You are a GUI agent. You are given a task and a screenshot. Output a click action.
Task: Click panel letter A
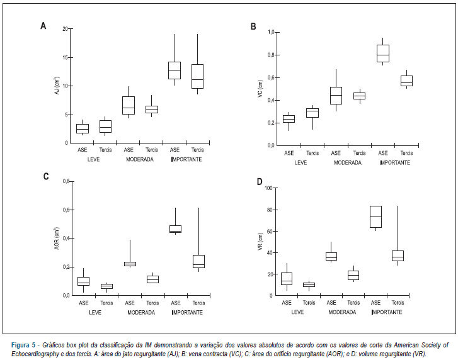43,26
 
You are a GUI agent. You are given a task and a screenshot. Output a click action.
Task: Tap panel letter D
260,182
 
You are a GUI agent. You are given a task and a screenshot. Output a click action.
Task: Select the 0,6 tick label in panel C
66,210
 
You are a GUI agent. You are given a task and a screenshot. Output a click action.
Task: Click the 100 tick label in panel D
268,188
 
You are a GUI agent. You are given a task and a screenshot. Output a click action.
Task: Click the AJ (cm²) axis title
57,85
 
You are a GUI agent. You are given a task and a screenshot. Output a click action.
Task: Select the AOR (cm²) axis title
57,239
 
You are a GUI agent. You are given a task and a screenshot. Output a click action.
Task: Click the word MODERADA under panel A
140,160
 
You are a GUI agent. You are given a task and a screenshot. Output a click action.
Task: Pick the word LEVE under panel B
301,163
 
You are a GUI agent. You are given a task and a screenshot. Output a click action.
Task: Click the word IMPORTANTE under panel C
187,312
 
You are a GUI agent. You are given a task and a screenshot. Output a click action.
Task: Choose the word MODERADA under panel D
342,312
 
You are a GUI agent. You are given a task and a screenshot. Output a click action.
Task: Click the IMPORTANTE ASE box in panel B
383,53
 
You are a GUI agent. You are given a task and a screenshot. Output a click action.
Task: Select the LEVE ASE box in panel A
83,128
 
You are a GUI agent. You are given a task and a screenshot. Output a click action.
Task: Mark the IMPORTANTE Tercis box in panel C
199,261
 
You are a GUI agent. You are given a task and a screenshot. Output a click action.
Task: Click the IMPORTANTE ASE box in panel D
375,217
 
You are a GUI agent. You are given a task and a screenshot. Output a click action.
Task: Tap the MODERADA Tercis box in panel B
359,96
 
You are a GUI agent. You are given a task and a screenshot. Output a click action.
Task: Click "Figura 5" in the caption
23,346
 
